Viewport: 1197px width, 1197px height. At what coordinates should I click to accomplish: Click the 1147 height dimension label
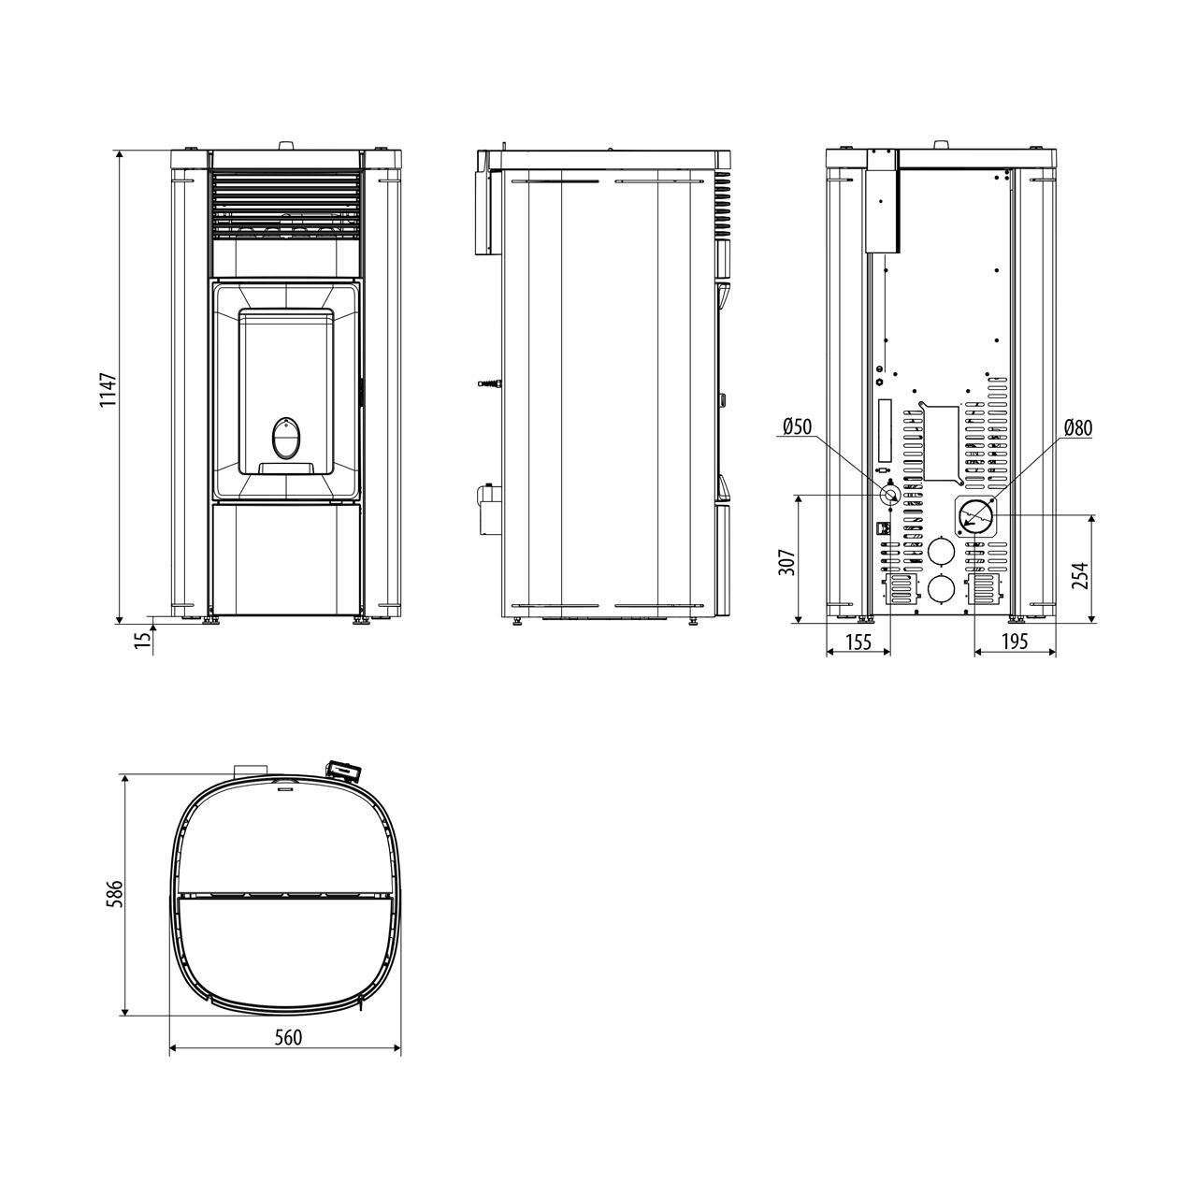point(108,389)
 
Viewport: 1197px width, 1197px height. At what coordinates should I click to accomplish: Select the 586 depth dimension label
point(116,893)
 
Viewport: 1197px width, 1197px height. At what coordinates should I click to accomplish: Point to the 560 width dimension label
point(288,1037)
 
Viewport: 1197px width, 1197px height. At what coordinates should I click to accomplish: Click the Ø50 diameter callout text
point(797,426)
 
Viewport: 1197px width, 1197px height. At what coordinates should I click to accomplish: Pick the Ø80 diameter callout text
point(1077,427)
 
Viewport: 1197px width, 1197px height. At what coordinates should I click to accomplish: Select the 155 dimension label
point(859,642)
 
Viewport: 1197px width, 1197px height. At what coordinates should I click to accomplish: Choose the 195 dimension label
point(1015,642)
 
